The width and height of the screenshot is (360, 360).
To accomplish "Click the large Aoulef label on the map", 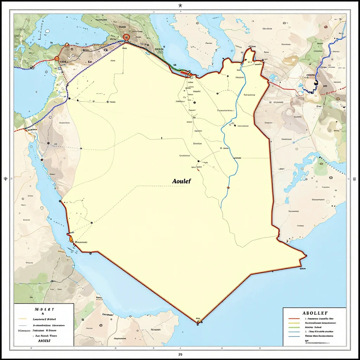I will click(x=181, y=181).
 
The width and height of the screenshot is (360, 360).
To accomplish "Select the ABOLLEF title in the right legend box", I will click(x=315, y=313).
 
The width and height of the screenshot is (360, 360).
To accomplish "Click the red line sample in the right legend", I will click(x=294, y=318).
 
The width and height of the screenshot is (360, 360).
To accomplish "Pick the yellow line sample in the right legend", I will click(x=294, y=322).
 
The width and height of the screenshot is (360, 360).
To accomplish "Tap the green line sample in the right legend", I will click(x=294, y=327).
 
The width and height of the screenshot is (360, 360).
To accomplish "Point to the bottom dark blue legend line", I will click(x=294, y=336).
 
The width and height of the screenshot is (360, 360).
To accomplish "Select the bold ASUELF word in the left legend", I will click(x=44, y=341).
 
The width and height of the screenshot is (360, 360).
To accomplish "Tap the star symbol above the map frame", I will click(x=180, y=5).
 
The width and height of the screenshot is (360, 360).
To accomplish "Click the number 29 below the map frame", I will click(x=180, y=354).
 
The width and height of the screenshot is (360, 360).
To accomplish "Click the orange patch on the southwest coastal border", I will click(x=71, y=239).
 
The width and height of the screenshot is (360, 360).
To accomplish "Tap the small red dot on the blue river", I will click(x=228, y=187).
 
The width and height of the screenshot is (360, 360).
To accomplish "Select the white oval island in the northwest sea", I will click(x=47, y=31).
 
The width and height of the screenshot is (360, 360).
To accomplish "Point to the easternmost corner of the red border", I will click(x=306, y=255).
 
